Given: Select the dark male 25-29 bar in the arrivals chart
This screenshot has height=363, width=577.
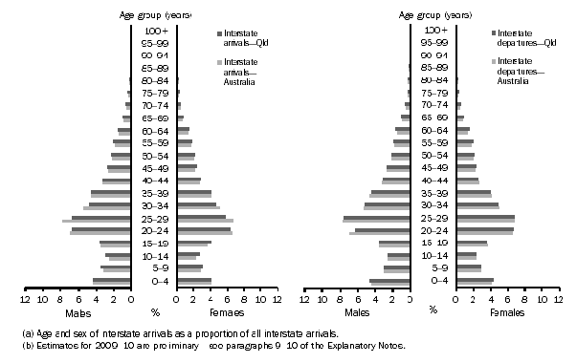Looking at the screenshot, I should click(x=100, y=218).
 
